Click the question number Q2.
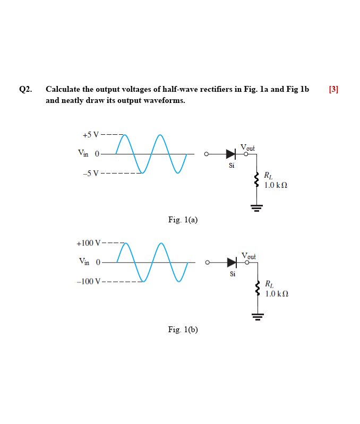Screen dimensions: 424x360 pyautogui.click(x=25, y=89)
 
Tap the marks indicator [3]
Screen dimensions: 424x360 pyautogui.click(x=333, y=89)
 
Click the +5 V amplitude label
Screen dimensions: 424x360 pyautogui.click(x=90, y=134)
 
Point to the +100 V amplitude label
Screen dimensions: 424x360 pyautogui.click(x=88, y=244)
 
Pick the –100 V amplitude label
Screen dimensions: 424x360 pyautogui.click(x=88, y=281)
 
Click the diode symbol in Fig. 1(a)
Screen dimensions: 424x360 pyautogui.click(x=230, y=154)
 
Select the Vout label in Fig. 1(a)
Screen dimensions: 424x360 pyautogui.click(x=247, y=147)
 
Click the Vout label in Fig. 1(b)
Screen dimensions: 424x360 pyautogui.click(x=248, y=256)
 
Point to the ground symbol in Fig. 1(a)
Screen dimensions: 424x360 pyautogui.click(x=256, y=207)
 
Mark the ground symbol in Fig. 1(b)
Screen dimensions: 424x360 pyautogui.click(x=258, y=317)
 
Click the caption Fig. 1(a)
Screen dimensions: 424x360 pyautogui.click(x=183, y=219)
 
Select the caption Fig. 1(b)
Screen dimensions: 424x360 pyautogui.click(x=183, y=330)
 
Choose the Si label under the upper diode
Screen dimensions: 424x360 pyautogui.click(x=232, y=165)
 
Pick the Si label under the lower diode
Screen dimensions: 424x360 pyautogui.click(x=233, y=274)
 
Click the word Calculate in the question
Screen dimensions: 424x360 pyautogui.click(x=63, y=89)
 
